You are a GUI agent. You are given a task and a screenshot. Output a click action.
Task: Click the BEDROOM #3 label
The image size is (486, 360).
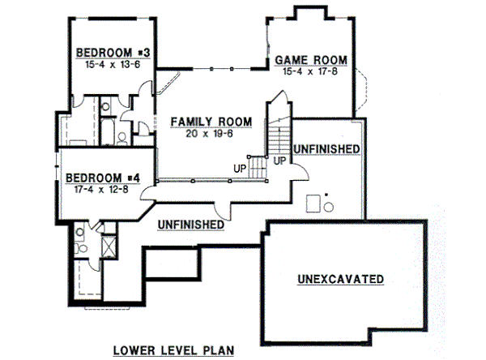point(115,54)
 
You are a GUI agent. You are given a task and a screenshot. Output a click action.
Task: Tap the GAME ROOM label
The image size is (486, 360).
point(311,60)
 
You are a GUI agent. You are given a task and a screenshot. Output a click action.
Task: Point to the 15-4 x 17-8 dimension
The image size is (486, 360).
point(311,71)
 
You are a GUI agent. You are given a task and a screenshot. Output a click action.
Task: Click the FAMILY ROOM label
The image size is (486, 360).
point(211,122)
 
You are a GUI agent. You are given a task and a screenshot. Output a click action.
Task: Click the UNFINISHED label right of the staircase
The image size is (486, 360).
point(326,149)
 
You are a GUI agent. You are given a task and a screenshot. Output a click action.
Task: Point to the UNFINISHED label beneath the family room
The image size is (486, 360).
point(191,223)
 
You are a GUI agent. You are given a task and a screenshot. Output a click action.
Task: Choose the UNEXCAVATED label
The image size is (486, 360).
point(340,279)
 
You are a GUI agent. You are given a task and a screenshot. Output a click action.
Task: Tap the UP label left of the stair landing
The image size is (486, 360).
point(240,168)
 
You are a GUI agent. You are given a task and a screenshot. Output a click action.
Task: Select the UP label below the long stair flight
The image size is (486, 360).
point(279,160)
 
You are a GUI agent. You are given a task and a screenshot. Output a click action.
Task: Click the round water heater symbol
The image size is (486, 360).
point(329,207)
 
